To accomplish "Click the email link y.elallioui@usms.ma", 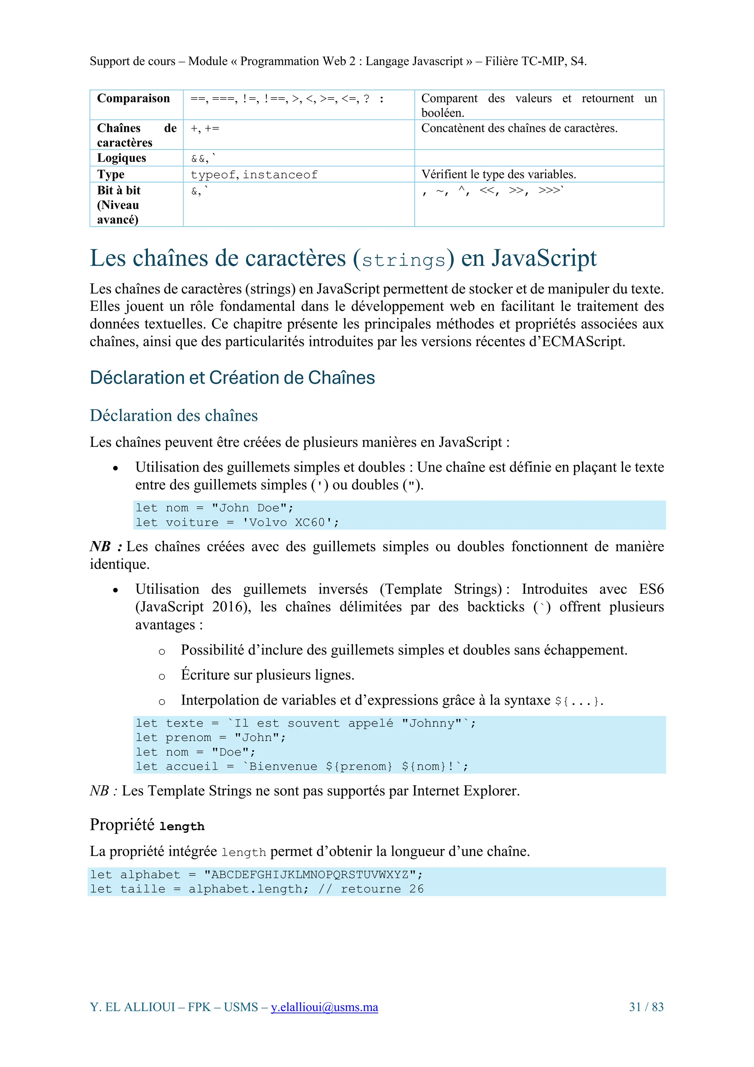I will point(324,1007).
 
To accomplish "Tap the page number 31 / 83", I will point(646,1007).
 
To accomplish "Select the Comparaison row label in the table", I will point(133,98).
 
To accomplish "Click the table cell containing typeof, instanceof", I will point(254,175).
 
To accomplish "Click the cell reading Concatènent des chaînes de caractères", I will point(519,128).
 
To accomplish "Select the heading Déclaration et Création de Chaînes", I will point(232,378).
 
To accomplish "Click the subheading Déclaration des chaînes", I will point(173,415).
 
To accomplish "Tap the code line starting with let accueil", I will point(302,766).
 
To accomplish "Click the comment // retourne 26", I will point(371,889).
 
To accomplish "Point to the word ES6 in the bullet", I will point(651,589).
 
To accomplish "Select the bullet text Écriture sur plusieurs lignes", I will point(267,675).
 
